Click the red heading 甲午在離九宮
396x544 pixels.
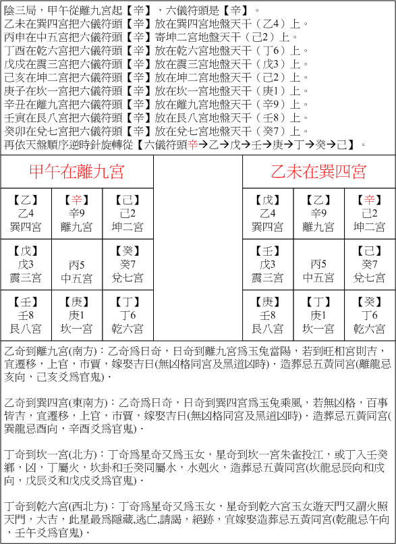pos(76,171)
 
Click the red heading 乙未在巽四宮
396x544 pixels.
pos(318,171)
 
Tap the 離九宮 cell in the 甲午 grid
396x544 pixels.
pos(76,213)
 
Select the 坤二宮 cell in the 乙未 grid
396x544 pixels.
pos(369,213)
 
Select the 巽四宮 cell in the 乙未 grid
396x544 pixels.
pos(268,213)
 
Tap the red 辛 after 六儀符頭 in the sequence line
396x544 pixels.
pos(194,144)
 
